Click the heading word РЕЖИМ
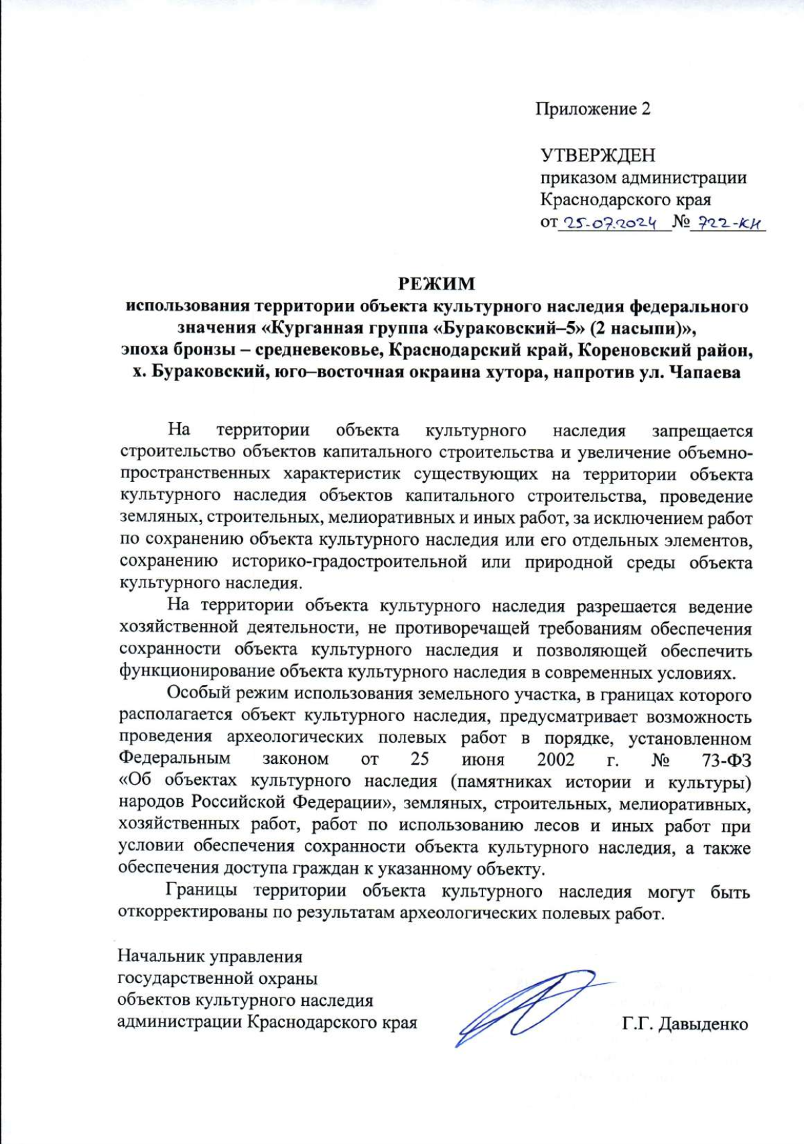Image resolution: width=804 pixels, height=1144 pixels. (x=437, y=283)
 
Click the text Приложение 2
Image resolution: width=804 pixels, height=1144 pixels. (x=592, y=109)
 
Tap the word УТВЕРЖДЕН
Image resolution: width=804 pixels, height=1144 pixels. (x=598, y=155)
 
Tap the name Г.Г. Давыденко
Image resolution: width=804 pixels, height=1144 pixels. (x=685, y=1024)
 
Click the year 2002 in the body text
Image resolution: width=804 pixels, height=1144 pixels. (x=555, y=759)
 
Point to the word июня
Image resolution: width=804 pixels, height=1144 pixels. (x=482, y=759)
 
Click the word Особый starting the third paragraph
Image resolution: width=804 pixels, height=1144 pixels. (x=196, y=694)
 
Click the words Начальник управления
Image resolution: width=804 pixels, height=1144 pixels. (x=210, y=956)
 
